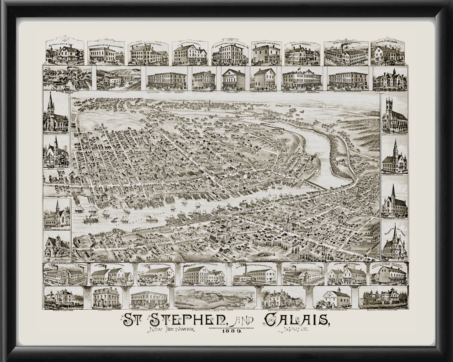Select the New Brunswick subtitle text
pos(170,331)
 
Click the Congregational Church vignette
pos(394,157)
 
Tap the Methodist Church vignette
pos(394,201)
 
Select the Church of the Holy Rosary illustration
pos(394,243)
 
